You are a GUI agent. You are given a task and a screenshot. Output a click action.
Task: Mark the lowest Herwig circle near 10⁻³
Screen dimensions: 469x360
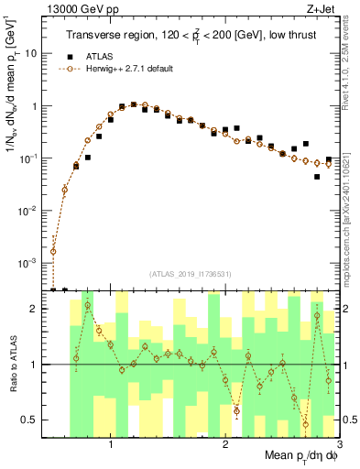[53, 251]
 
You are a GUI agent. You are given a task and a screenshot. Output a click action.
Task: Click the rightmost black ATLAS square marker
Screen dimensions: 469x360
[317, 177]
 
